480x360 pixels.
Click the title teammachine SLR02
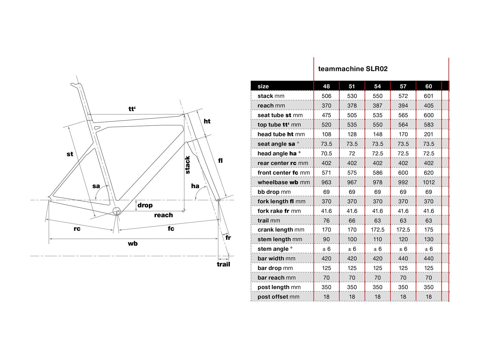pos(353,69)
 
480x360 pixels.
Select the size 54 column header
pos(377,86)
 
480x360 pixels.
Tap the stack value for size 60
pos(428,96)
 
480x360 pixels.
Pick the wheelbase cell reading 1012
pos(428,182)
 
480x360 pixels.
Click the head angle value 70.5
pos(326,154)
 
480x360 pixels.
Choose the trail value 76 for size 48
pos(326,221)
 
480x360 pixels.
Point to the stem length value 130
pos(428,239)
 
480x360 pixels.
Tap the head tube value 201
pos(428,134)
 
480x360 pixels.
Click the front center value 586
pos(377,173)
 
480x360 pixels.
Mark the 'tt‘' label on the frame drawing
pos(132,109)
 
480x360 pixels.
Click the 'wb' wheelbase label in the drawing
pos(133,244)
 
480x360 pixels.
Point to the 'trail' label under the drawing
pos(223,264)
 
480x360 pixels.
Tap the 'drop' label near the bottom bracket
pos(145,205)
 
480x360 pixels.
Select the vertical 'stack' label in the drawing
pos(187,165)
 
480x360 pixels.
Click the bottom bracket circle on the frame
pos(117,211)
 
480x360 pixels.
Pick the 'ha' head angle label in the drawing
pos(195,186)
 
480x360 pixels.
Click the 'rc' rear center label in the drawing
pos(77,229)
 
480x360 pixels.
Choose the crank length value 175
pos(428,230)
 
